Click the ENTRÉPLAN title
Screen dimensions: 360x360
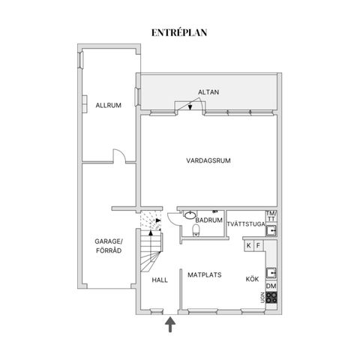(179, 33)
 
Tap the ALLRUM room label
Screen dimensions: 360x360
(109, 105)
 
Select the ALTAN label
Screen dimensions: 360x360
(208, 92)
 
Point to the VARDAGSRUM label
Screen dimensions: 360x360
(208, 160)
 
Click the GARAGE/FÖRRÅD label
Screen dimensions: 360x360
(109, 246)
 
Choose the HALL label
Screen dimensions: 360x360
(160, 280)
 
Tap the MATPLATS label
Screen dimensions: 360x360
(205, 275)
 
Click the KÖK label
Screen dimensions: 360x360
(252, 279)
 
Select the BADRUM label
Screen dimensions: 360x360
(208, 220)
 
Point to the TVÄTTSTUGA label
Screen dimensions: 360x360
(246, 224)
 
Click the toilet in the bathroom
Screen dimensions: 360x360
(196, 230)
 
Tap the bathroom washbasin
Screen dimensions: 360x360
(190, 214)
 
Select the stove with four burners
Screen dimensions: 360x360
(271, 298)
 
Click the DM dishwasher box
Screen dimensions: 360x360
(271, 286)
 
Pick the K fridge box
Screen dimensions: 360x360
(249, 245)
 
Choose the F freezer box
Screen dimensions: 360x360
(259, 245)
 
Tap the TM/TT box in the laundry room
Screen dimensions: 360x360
(271, 217)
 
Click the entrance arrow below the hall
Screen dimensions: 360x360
(170, 324)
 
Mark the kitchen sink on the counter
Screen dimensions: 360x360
(271, 273)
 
